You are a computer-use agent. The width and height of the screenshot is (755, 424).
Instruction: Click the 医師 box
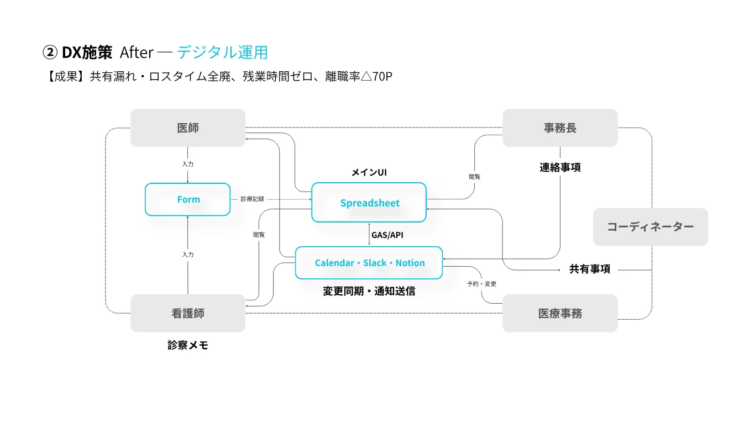[188, 128]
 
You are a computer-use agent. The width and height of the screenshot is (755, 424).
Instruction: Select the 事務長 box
[560, 128]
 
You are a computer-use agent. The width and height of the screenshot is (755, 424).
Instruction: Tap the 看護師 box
[188, 313]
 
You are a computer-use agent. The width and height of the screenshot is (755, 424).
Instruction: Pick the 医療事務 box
[560, 313]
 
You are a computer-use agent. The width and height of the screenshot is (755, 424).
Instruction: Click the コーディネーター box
[650, 227]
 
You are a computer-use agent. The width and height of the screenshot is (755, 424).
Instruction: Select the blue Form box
[188, 199]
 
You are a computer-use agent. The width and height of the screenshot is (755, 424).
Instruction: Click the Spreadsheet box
[369, 203]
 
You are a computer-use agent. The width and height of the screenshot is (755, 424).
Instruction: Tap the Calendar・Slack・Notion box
[369, 263]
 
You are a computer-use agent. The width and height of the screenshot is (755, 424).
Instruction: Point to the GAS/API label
[387, 235]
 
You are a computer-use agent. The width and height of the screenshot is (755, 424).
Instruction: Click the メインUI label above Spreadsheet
[369, 172]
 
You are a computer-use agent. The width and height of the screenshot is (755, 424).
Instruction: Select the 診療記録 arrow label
[252, 199]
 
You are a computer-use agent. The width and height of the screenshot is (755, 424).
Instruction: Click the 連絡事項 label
[560, 167]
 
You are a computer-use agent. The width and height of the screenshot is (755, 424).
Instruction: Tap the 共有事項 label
[590, 269]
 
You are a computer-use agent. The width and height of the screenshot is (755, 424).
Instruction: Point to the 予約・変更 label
[481, 284]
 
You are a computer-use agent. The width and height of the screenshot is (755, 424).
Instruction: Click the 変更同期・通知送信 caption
[369, 291]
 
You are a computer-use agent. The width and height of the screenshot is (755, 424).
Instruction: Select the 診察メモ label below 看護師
[188, 345]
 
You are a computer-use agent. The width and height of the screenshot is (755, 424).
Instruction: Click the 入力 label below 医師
[188, 164]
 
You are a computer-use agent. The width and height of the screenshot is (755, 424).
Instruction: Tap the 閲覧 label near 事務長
[475, 177]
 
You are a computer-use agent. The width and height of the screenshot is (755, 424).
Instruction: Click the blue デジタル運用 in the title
[222, 52]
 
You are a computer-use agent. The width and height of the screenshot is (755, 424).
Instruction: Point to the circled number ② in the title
[50, 52]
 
